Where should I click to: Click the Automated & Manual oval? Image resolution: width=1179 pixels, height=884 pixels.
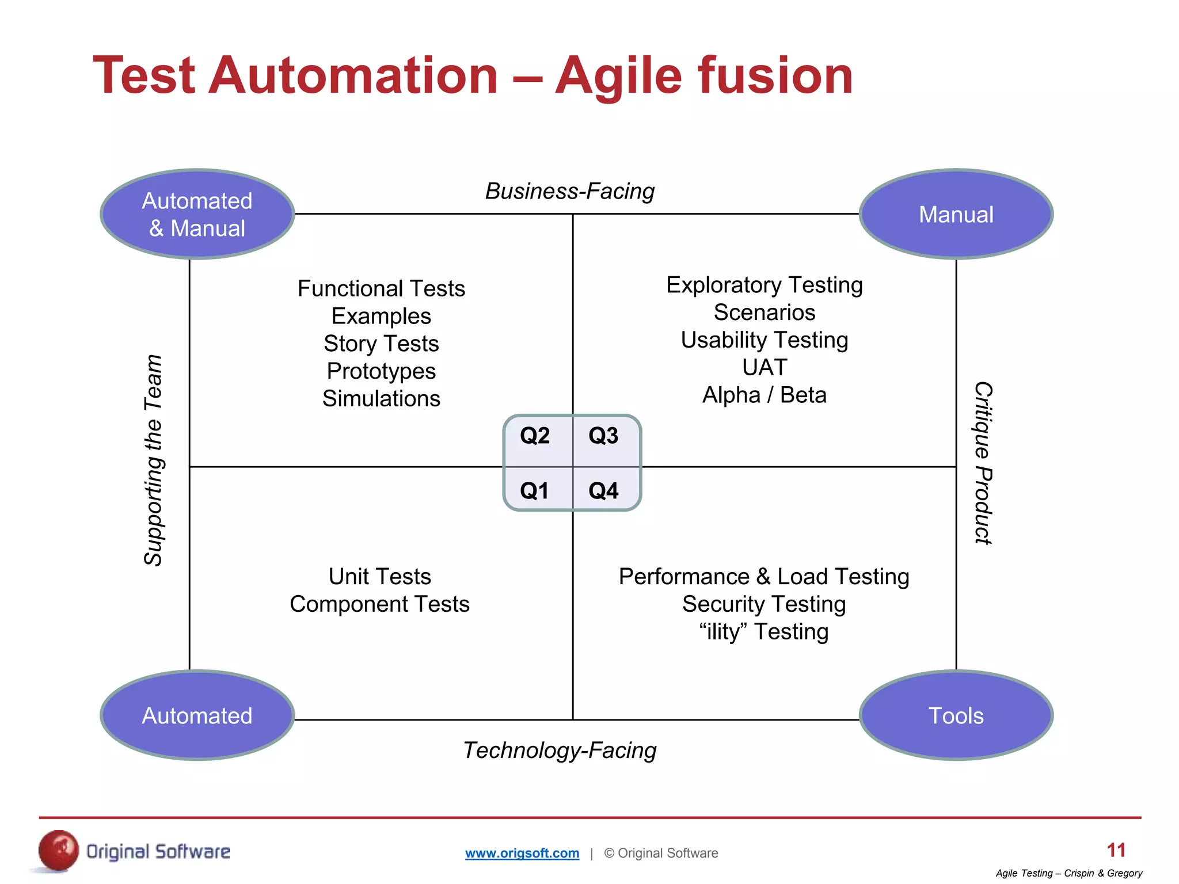coord(197,214)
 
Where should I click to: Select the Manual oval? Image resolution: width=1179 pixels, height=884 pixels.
coord(956,214)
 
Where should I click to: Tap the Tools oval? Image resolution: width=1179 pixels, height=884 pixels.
coord(956,715)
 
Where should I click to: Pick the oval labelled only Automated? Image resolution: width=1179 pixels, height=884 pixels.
coord(197,715)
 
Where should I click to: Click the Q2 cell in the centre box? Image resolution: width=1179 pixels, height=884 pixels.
coord(535,436)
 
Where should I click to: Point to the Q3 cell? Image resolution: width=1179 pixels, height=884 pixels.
coord(603,436)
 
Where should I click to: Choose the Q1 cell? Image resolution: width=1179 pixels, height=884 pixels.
coord(535,491)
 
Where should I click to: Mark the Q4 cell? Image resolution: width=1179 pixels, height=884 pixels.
coord(603,491)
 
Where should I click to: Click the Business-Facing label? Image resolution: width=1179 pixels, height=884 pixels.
coord(570,191)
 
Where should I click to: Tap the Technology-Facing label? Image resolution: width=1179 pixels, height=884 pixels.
coord(560,750)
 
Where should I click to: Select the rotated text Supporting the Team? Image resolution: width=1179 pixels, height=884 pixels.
coord(153,460)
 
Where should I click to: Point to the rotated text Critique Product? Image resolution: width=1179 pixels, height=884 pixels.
coord(983,463)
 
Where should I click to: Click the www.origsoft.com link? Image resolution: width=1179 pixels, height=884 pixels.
coord(522,853)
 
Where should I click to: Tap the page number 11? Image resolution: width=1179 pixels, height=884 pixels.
coord(1116,850)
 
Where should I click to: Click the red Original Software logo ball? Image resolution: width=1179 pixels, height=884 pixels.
coord(58,851)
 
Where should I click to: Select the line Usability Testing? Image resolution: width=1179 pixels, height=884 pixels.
coord(764,340)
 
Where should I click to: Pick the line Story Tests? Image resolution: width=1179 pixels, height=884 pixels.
coord(381,344)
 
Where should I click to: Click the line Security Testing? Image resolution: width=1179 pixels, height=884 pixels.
coord(764,604)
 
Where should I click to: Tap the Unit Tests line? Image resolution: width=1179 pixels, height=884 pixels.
coord(380,576)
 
